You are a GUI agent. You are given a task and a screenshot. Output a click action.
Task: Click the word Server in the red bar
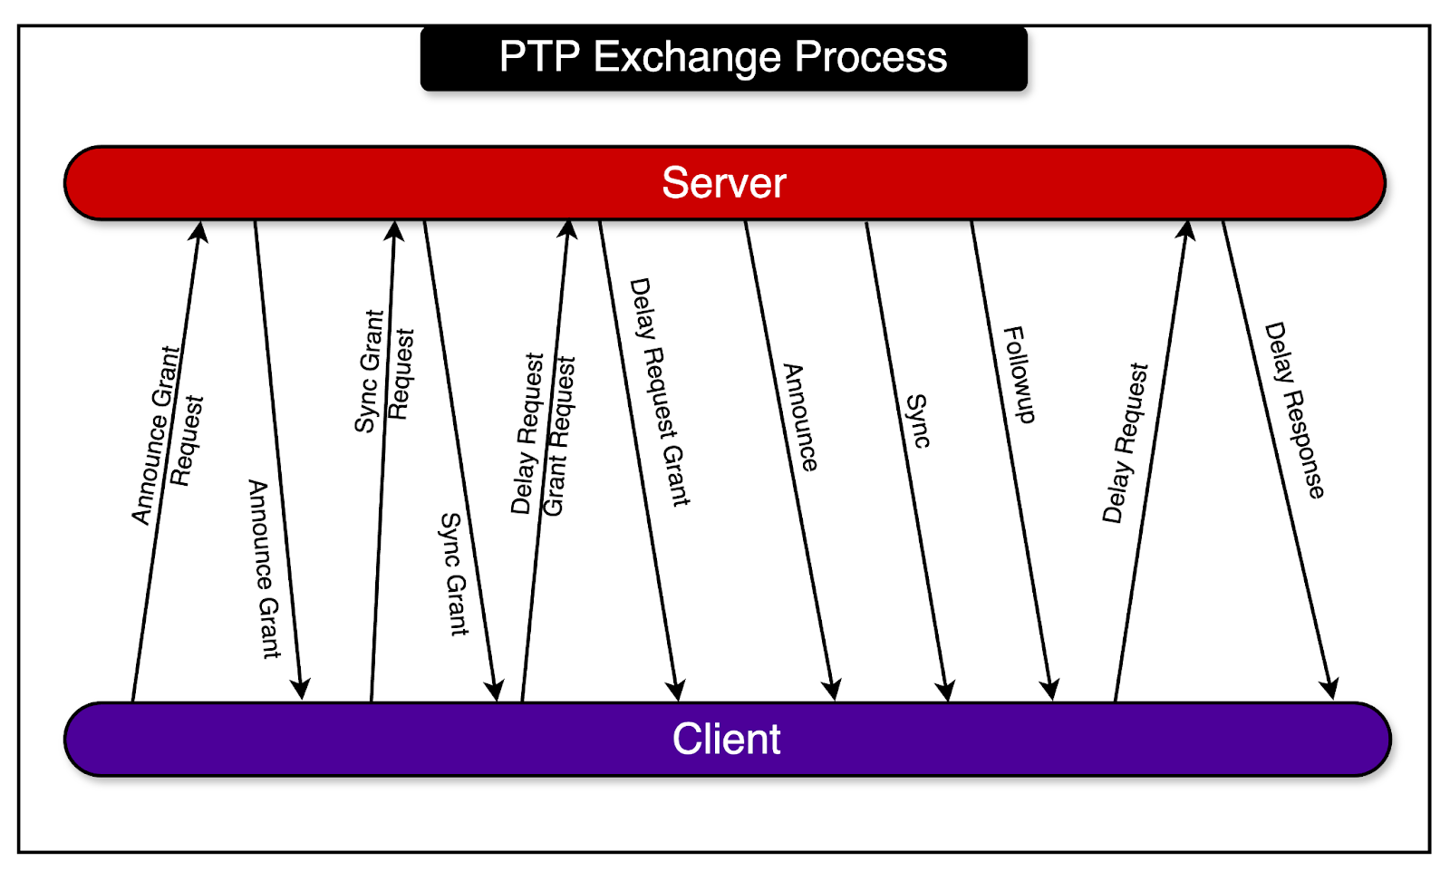tap(723, 183)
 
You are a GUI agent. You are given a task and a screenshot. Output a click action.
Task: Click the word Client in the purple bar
tap(726, 739)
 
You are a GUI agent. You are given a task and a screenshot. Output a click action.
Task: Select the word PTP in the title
tap(539, 57)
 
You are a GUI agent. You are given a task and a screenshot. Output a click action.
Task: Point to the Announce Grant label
tap(265, 569)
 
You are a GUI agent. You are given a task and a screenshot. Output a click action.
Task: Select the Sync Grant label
tap(454, 575)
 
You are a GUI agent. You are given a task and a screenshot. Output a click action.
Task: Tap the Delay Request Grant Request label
tap(543, 435)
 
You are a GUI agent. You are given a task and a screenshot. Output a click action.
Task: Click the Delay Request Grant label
tap(660, 392)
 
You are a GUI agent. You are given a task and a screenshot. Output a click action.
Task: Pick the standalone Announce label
tap(800, 418)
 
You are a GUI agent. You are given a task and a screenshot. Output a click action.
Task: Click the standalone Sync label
tap(917, 421)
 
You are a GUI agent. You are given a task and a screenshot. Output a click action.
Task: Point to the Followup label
tap(1020, 374)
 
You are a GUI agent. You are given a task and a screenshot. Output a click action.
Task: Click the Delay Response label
tap(1295, 411)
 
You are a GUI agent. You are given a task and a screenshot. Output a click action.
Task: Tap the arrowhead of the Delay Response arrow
tap(1330, 690)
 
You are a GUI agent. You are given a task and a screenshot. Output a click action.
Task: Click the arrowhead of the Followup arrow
tap(1050, 690)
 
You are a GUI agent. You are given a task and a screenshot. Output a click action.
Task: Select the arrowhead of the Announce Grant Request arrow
tap(199, 232)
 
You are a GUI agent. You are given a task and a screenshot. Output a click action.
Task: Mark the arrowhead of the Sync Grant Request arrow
tap(394, 231)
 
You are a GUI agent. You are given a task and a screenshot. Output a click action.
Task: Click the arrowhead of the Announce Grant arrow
tap(302, 689)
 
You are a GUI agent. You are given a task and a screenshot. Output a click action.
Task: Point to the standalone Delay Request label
tap(1126, 443)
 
